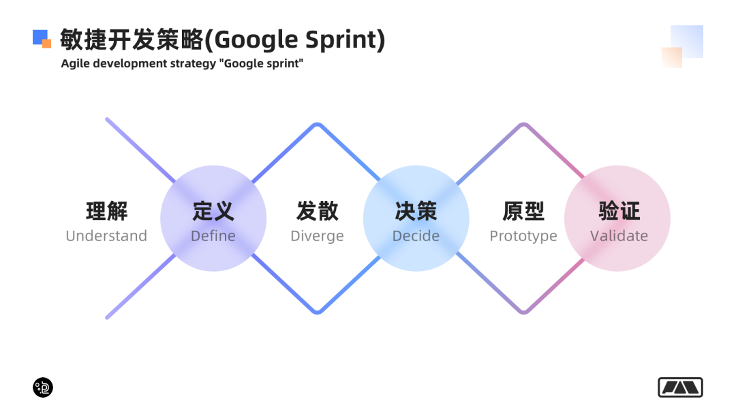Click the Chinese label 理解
click(x=106, y=211)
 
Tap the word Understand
click(x=106, y=236)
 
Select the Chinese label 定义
click(x=213, y=211)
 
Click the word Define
click(x=213, y=236)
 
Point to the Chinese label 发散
click(x=317, y=211)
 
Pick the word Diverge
click(x=317, y=236)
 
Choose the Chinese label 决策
click(x=416, y=211)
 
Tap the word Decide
click(x=416, y=236)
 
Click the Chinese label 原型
click(x=523, y=211)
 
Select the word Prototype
click(x=523, y=236)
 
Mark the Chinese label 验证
click(x=619, y=211)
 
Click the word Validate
click(x=619, y=236)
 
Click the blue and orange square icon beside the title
click(x=42, y=39)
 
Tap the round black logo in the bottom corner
click(x=43, y=387)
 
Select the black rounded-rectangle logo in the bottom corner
click(x=680, y=387)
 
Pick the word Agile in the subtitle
click(x=74, y=64)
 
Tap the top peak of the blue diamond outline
click(x=317, y=125)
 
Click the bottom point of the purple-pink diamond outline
click(x=523, y=313)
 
